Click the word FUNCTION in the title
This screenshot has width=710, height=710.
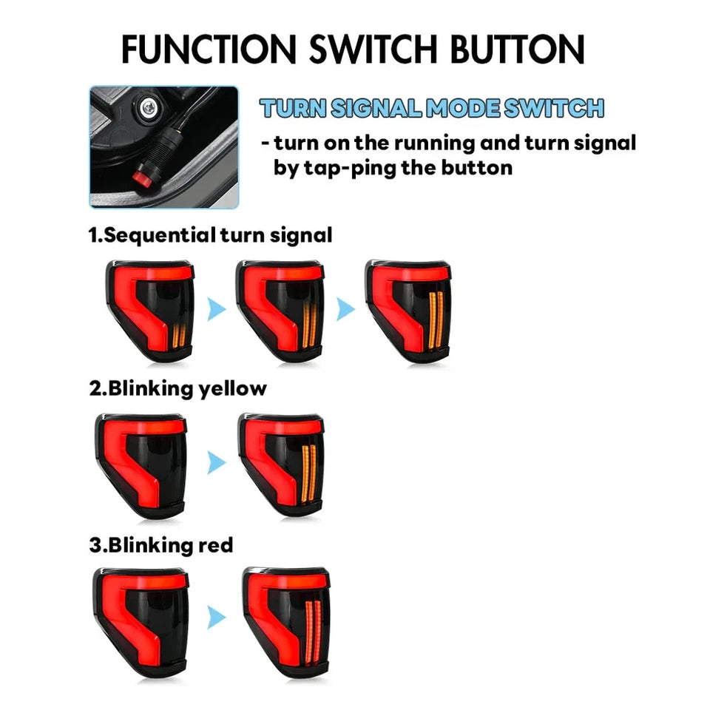[209, 49]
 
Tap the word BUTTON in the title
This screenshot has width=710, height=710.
[517, 49]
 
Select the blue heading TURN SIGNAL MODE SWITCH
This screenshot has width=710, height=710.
[432, 108]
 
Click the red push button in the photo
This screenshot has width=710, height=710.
[142, 178]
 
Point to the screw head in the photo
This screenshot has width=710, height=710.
[149, 108]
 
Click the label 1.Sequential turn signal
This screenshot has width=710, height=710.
[211, 235]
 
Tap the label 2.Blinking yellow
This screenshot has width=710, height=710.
[178, 388]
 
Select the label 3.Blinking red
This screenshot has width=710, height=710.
[161, 545]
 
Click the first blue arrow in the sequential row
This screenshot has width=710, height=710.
[217, 310]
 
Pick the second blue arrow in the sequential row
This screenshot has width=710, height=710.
[346, 309]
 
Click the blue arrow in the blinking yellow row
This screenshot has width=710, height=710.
[217, 463]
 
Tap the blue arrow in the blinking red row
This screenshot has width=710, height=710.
[217, 617]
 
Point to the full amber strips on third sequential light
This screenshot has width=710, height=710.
[436, 320]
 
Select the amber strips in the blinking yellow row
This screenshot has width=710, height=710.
[308, 473]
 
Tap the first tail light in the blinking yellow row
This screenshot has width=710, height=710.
[141, 465]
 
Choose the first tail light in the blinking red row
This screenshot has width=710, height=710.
[141, 622]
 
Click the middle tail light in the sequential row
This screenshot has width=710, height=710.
[280, 311]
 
